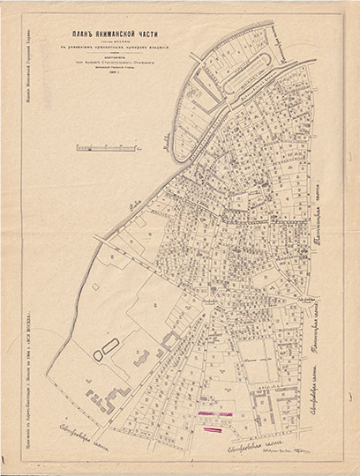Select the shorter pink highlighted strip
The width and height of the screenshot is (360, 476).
[x=214, y=429]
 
